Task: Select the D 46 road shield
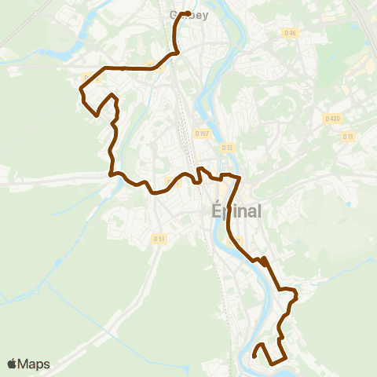(x=291, y=32)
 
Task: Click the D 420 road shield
(x=332, y=118)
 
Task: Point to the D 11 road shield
(x=348, y=136)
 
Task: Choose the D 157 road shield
(x=202, y=134)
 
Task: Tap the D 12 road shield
(x=228, y=147)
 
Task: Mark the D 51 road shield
(x=159, y=239)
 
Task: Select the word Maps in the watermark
(x=35, y=364)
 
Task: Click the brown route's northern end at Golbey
(x=186, y=13)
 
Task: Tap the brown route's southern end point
(x=254, y=357)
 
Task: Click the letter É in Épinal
(x=217, y=211)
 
